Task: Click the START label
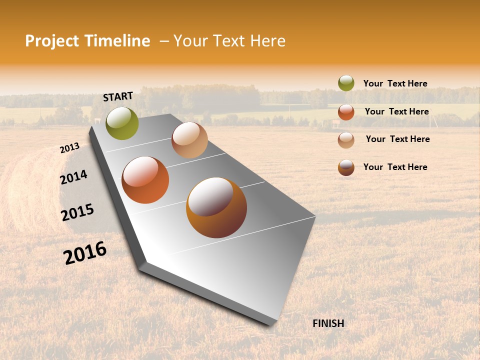click(x=118, y=96)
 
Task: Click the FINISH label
click(x=328, y=323)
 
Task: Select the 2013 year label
click(x=69, y=148)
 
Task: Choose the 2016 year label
click(x=85, y=253)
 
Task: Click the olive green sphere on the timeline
click(x=122, y=123)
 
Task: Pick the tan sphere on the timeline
click(x=189, y=140)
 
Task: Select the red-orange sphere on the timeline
click(x=145, y=180)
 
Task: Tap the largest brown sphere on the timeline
click(x=216, y=207)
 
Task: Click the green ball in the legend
click(x=346, y=83)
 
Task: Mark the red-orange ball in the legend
click(x=346, y=112)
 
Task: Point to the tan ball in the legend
click(x=346, y=140)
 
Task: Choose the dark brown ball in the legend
click(x=346, y=167)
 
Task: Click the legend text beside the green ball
click(x=395, y=83)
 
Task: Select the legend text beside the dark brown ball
click(x=395, y=167)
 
